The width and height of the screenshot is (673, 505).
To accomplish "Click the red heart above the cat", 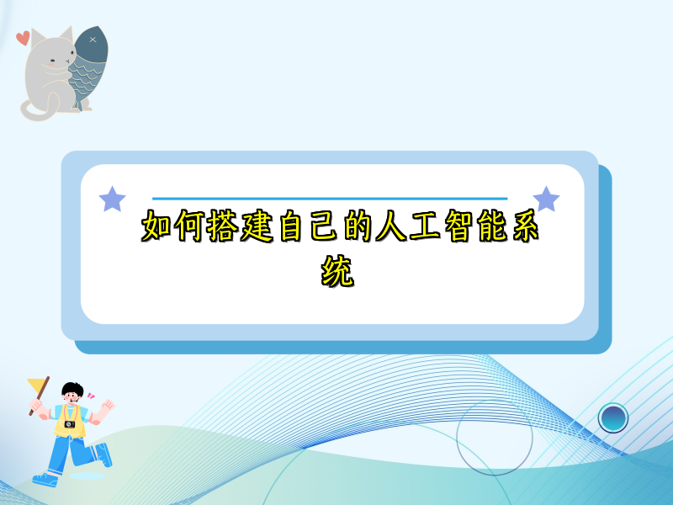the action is coord(24,38).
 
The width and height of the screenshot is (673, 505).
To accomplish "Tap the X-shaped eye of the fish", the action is coord(93,40).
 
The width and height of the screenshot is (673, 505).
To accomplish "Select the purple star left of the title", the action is coord(113,199).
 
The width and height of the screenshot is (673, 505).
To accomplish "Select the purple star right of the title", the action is coord(546,199).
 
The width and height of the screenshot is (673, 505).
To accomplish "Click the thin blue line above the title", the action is coord(330,199).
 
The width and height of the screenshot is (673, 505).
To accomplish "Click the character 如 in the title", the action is coord(157,226).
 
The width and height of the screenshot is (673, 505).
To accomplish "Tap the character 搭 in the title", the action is coord(223,226).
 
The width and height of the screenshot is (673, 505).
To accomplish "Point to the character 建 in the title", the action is coord(257,226).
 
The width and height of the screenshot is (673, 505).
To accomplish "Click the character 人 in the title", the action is coord(391,226).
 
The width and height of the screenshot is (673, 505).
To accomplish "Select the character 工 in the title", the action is coord(425,226).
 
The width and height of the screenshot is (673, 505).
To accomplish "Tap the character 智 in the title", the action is coord(458,226).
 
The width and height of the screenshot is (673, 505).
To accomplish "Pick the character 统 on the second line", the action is coord(337,271).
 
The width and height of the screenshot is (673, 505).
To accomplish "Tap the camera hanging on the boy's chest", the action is coord(70,425).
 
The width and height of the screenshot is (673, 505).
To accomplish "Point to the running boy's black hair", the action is coord(72,390).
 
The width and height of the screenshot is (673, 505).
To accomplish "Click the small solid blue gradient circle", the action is coord(613,417).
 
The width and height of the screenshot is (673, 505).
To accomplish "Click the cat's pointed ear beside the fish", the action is coord(66,34).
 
